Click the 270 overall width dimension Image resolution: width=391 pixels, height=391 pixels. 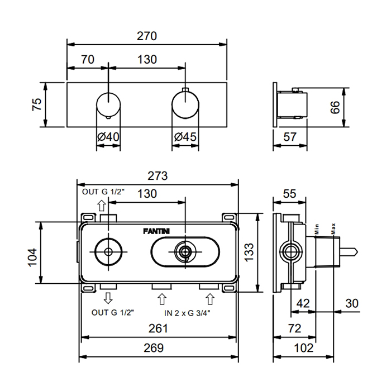147,36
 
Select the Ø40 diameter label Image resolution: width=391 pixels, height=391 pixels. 108,137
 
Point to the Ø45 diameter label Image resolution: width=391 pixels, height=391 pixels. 185,137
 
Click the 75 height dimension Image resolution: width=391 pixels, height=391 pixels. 37,104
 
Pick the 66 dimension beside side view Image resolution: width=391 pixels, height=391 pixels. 335,107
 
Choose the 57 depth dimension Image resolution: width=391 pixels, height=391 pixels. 290,137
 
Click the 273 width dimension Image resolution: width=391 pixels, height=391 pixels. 158,176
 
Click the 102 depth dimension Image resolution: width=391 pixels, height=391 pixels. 303,347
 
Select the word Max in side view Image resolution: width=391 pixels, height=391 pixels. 332,228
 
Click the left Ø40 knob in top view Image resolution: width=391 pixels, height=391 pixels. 108,104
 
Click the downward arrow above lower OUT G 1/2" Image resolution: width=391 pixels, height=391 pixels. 108,297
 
